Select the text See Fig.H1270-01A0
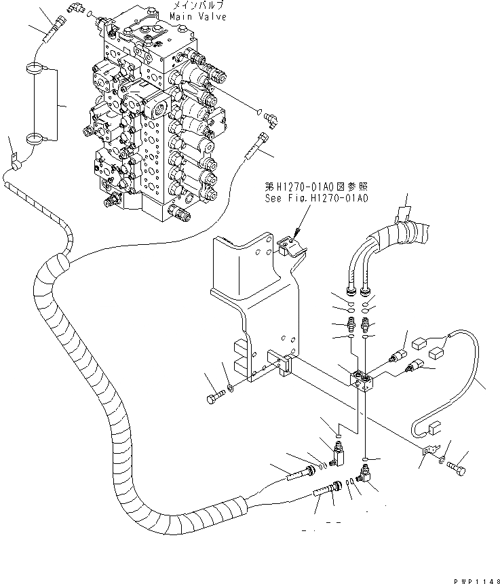(317, 198)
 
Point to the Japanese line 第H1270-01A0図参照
(315, 187)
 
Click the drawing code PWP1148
(474, 576)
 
